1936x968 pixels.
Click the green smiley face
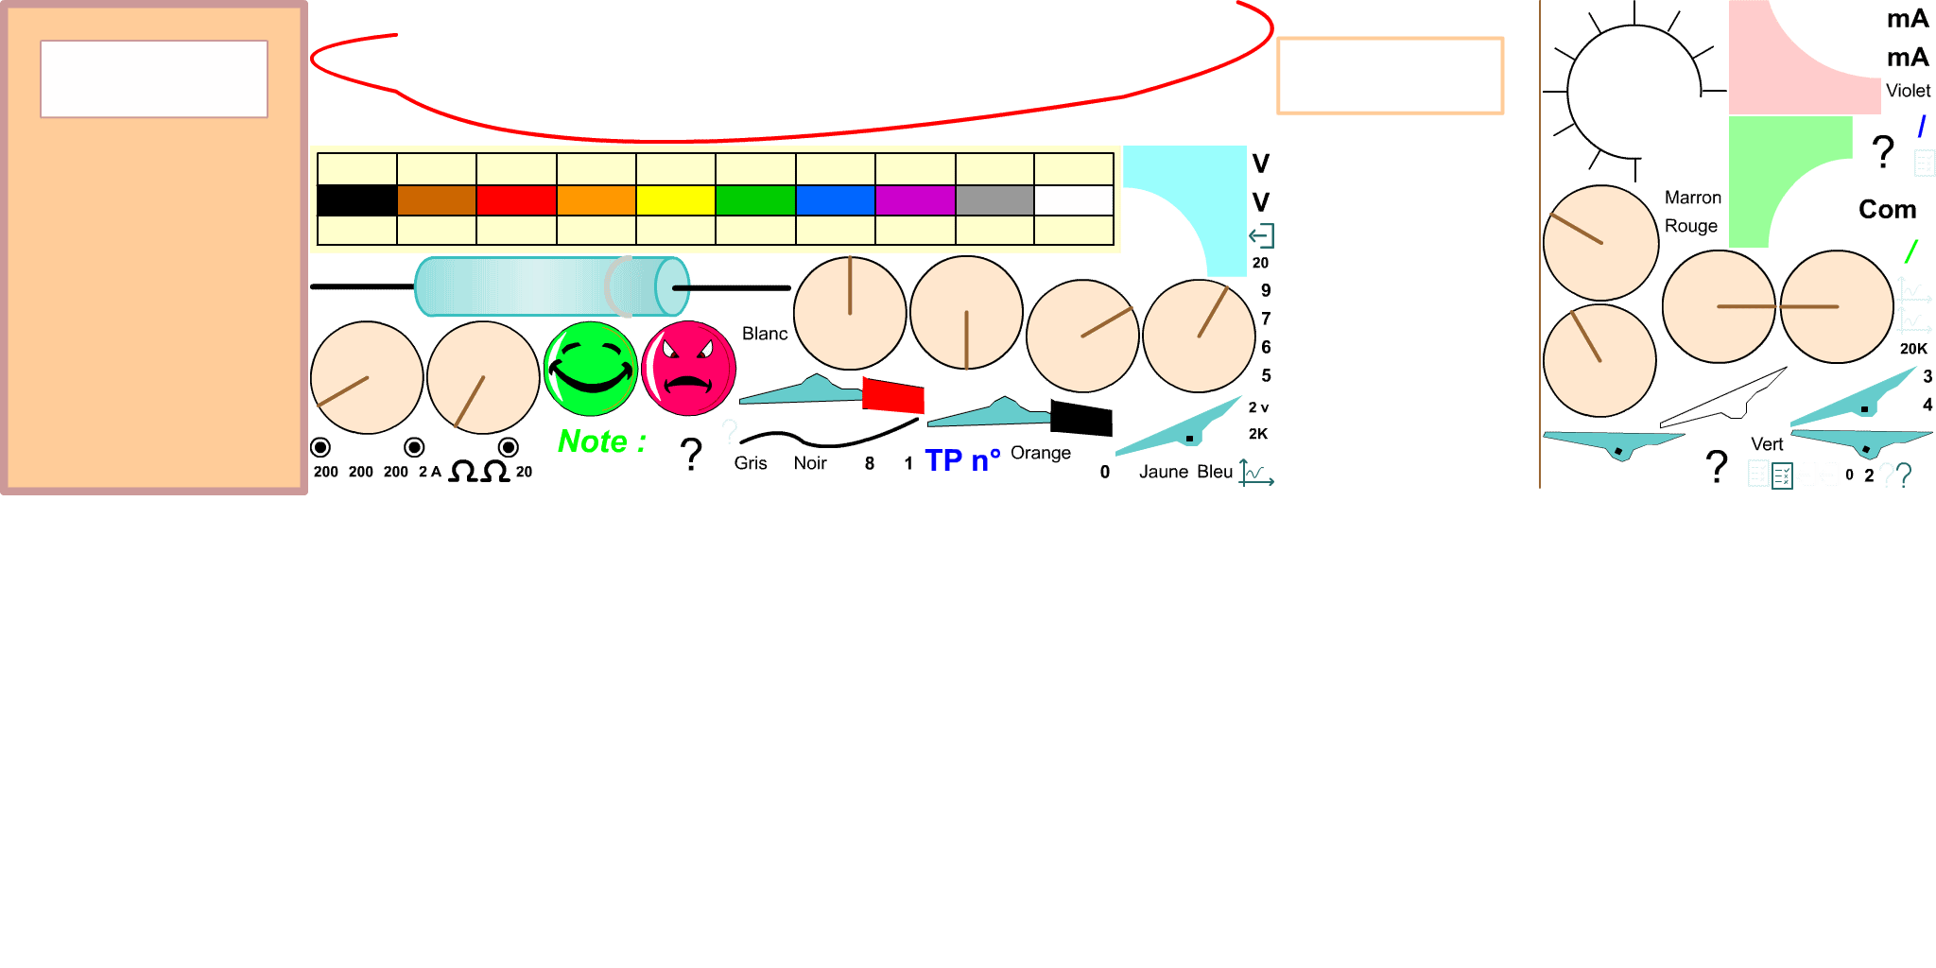591,369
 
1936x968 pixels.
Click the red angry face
688,369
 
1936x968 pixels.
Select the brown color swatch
436,200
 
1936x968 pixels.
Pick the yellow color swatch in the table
675,200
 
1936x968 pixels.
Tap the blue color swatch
835,200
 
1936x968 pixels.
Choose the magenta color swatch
914,200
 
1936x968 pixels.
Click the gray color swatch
994,200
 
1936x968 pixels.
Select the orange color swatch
596,200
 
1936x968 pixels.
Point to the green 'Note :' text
601,441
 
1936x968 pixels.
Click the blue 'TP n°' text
961,460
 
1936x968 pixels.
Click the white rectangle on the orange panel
154,78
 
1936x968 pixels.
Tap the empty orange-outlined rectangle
1390,76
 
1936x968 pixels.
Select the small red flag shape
893,396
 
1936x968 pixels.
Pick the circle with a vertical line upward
850,313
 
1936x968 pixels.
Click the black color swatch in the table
356,200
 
